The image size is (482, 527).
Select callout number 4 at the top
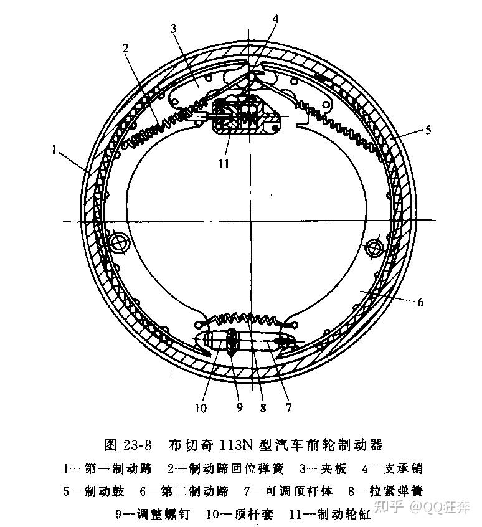(275, 19)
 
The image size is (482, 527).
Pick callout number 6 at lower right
(421, 303)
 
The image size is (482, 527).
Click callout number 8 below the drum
(263, 408)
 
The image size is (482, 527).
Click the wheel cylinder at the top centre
(244, 116)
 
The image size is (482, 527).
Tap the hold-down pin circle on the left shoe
(118, 242)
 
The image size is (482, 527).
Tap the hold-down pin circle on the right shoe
(374, 247)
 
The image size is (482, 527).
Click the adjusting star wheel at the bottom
(230, 343)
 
